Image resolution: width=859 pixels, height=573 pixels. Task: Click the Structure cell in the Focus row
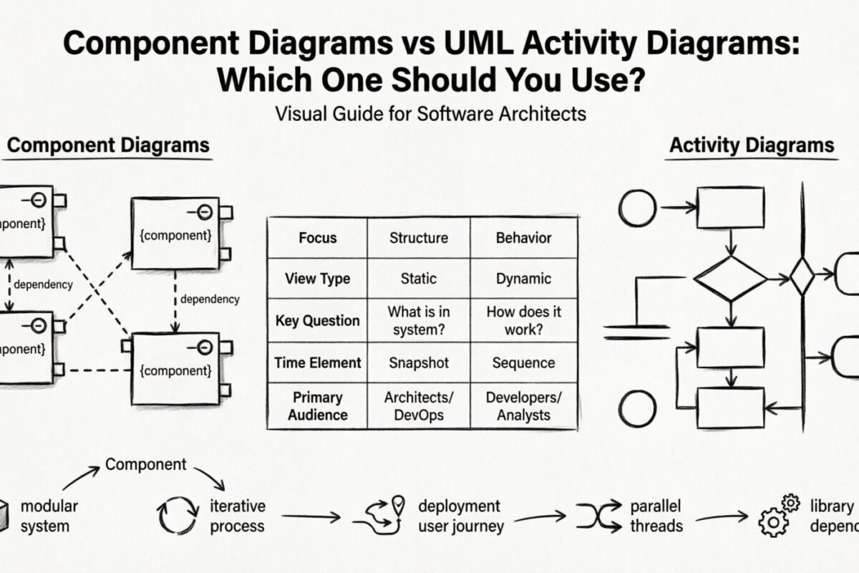pos(418,238)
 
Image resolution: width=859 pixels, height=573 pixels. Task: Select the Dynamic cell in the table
pos(523,279)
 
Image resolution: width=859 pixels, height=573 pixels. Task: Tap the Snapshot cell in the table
pos(418,363)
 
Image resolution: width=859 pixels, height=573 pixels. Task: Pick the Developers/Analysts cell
pos(523,405)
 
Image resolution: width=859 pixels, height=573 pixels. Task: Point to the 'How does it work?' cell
pos(523,321)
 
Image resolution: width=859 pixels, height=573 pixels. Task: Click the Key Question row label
pos(317,321)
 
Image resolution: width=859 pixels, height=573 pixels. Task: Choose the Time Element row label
pos(317,363)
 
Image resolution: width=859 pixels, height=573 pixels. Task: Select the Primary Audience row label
pos(317,405)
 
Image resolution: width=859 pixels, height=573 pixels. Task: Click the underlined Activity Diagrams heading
pos(751,145)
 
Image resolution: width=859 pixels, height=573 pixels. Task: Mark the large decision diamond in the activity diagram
pos(729,279)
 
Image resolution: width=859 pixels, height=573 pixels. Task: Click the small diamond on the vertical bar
pos(802,276)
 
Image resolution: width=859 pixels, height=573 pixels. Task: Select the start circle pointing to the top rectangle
pos(637,208)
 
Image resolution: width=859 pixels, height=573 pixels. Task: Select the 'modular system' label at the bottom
pos(48,516)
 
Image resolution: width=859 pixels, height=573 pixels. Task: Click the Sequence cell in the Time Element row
pos(523,363)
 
